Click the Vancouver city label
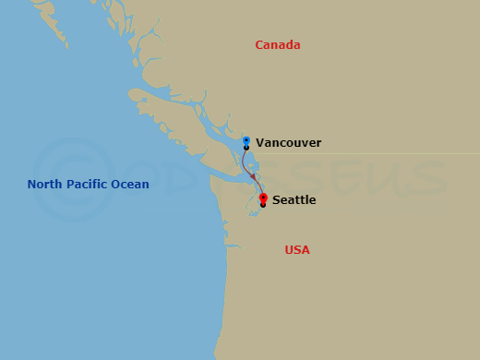click(x=288, y=143)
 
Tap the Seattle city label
click(x=294, y=199)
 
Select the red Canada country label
click(x=278, y=45)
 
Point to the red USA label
click(x=297, y=250)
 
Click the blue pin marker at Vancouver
click(x=246, y=141)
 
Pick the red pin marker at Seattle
click(x=263, y=198)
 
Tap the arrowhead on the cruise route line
click(x=254, y=175)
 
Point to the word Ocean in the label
click(x=130, y=185)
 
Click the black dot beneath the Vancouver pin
click(x=246, y=148)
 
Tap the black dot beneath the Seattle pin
click(x=263, y=205)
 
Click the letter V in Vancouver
click(x=259, y=143)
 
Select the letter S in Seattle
click(x=276, y=199)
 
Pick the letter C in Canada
click(x=259, y=45)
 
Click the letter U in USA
click(x=289, y=250)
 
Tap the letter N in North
click(x=32, y=185)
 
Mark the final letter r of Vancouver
click(x=318, y=143)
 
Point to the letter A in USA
click(x=306, y=250)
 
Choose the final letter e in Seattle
click(x=313, y=200)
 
